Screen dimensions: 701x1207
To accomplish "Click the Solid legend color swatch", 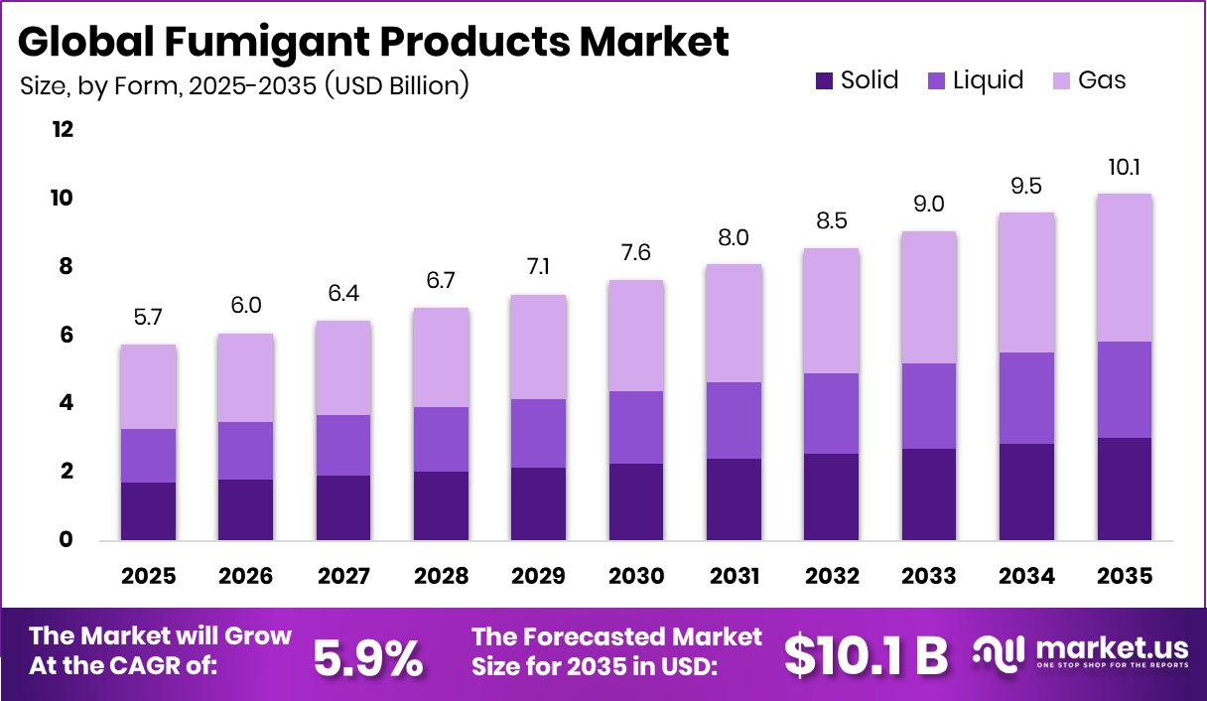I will tap(823, 81).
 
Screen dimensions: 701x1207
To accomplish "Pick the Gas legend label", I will tap(1102, 80).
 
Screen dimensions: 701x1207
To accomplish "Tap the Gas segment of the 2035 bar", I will tap(1125, 267).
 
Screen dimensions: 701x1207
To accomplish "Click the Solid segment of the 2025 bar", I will tap(148, 510).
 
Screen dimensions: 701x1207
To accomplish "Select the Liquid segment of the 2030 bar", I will tap(636, 427).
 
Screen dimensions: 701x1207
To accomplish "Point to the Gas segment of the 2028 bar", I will tap(441, 357).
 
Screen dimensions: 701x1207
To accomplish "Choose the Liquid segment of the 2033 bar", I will tap(929, 406).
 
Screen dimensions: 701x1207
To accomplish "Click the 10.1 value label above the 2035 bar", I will tap(1125, 167).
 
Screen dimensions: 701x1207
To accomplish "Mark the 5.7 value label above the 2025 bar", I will tap(148, 318).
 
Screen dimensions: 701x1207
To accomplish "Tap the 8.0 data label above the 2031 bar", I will tap(734, 237).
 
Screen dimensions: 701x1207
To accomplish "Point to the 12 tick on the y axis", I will tap(63, 130).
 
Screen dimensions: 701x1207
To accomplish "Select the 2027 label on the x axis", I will tap(343, 576).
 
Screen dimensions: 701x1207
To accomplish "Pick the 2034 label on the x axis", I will tap(1026, 576).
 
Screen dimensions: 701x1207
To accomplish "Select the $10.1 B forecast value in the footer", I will tap(866, 654).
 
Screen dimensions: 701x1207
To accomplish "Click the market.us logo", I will tap(1080, 653).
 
